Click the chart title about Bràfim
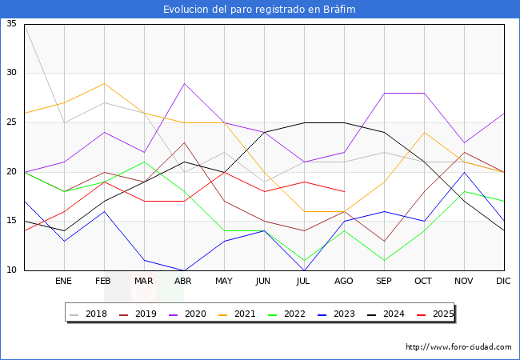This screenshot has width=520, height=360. (259, 9)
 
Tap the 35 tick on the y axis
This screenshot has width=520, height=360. (11, 24)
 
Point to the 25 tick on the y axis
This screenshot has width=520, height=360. (11, 122)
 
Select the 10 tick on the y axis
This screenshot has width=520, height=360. (11, 270)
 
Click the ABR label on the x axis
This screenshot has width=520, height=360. (184, 282)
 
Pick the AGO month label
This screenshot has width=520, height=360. (344, 282)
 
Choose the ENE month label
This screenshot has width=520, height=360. (64, 282)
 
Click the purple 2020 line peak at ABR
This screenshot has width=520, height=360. (184, 83)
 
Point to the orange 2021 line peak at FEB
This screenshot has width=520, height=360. (104, 83)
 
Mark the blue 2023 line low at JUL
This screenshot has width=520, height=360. (304, 270)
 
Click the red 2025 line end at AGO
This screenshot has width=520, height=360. (344, 191)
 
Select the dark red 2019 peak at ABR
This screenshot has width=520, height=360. (184, 142)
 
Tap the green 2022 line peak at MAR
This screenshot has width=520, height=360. (144, 162)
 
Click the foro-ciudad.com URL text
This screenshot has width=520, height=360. (458, 347)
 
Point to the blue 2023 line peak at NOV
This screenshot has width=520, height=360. (464, 172)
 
